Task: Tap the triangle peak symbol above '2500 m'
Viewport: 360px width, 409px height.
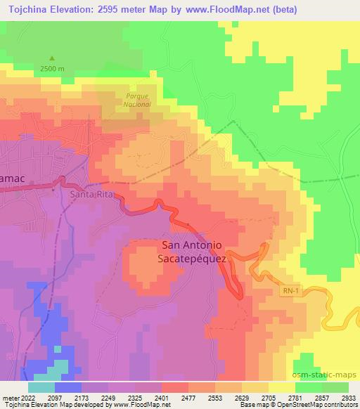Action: pos(51,58)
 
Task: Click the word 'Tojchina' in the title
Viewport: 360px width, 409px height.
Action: pos(25,10)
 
